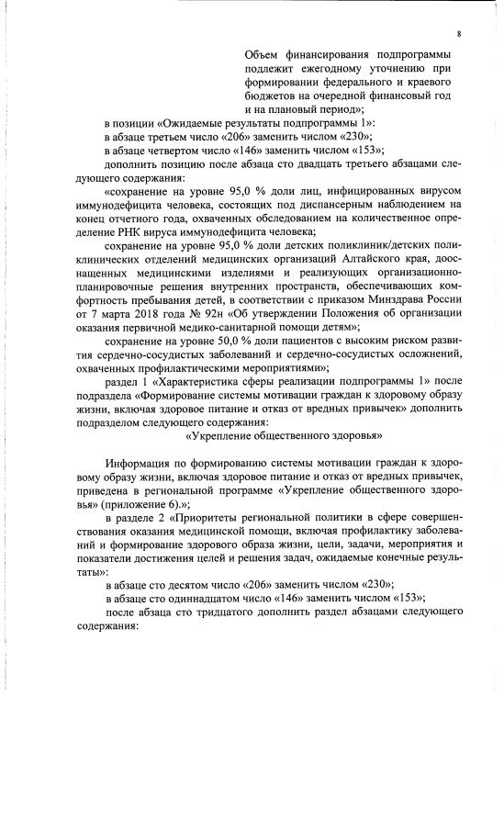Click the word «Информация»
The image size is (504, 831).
pyautogui.click(x=140, y=462)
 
